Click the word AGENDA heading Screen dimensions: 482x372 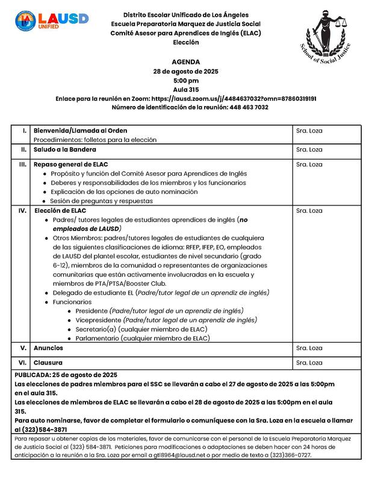tap(185, 62)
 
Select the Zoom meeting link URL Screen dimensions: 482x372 tap(234, 98)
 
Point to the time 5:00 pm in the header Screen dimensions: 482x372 tap(185, 80)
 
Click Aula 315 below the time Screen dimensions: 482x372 tap(185, 89)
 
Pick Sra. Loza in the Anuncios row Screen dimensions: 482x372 tap(309, 349)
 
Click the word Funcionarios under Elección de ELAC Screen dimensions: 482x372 tap(72, 301)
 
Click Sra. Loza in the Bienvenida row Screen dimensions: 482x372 tap(309, 130)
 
